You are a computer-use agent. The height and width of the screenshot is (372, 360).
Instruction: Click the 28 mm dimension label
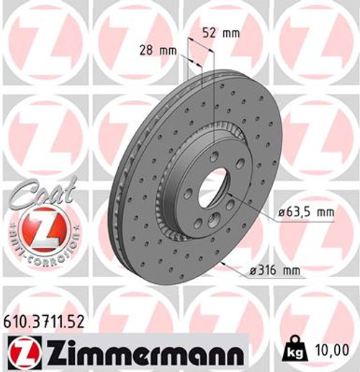[158, 50]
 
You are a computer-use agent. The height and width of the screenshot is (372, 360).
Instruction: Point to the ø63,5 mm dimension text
[307, 213]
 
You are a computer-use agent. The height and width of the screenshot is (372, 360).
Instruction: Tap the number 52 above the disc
[210, 32]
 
